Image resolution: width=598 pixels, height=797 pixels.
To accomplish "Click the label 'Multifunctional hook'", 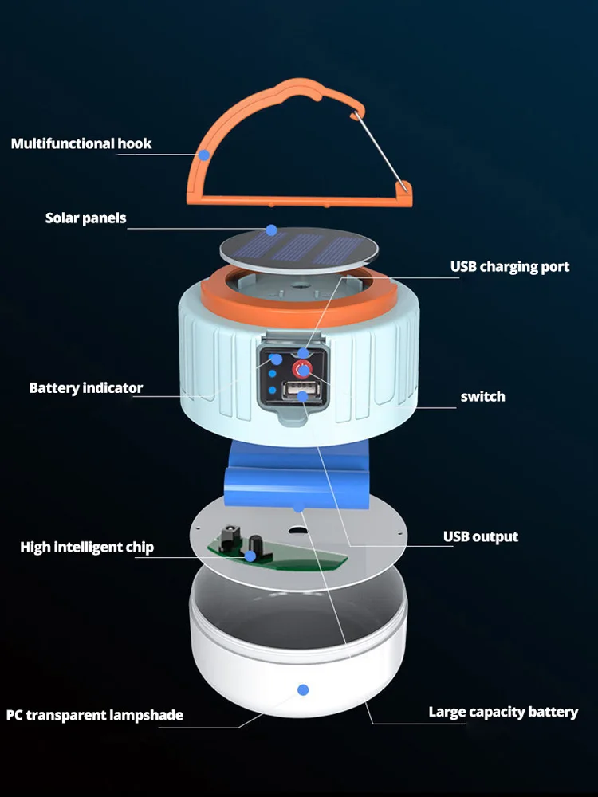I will (x=81, y=144).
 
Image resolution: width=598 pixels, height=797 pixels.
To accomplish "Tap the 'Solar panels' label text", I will (x=85, y=218).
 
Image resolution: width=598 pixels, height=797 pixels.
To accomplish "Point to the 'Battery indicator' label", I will (x=86, y=388).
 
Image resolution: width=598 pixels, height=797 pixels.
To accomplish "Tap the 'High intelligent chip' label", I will (x=87, y=547).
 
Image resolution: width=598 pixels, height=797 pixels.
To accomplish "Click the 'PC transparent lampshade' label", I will (x=95, y=715).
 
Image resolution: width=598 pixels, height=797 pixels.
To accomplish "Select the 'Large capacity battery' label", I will (x=503, y=712).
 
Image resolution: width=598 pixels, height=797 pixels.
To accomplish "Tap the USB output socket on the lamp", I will (x=302, y=393).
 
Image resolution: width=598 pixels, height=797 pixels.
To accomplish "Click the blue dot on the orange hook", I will (x=204, y=154).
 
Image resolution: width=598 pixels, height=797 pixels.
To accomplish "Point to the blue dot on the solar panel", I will (x=271, y=230).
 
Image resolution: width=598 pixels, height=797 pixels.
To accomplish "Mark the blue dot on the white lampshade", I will (x=302, y=689).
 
